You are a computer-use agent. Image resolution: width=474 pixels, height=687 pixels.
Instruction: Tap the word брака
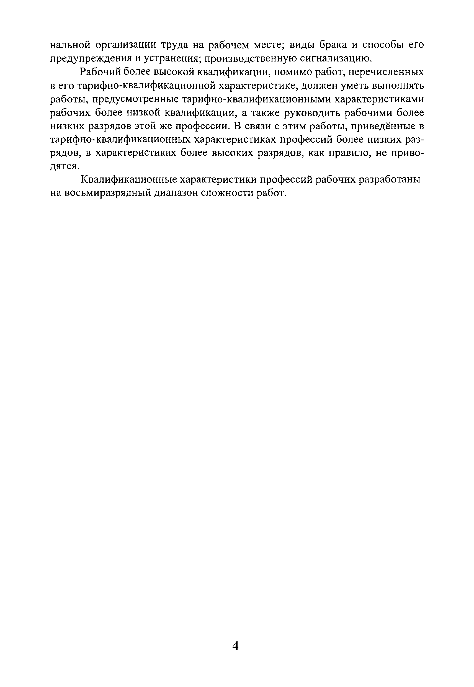(335, 45)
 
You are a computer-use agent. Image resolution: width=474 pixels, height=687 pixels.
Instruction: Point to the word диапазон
(176, 193)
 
